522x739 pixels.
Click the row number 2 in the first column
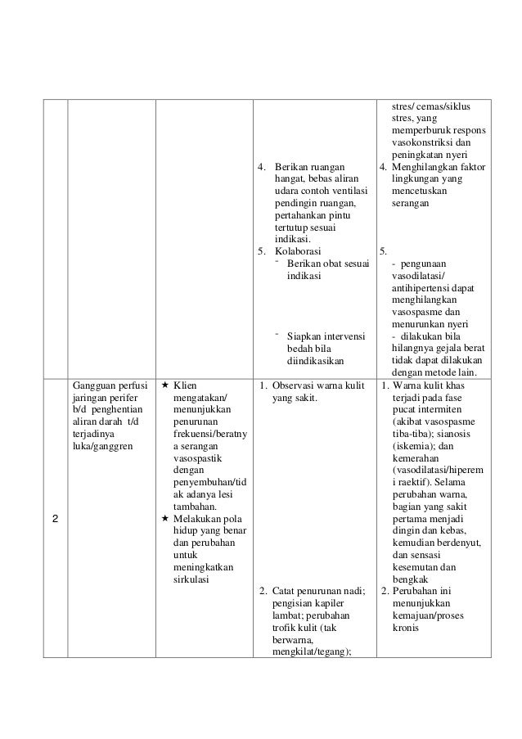(x=55, y=519)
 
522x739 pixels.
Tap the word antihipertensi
(x=427, y=288)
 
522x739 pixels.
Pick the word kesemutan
(x=417, y=566)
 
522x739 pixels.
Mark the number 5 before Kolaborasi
(x=261, y=250)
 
